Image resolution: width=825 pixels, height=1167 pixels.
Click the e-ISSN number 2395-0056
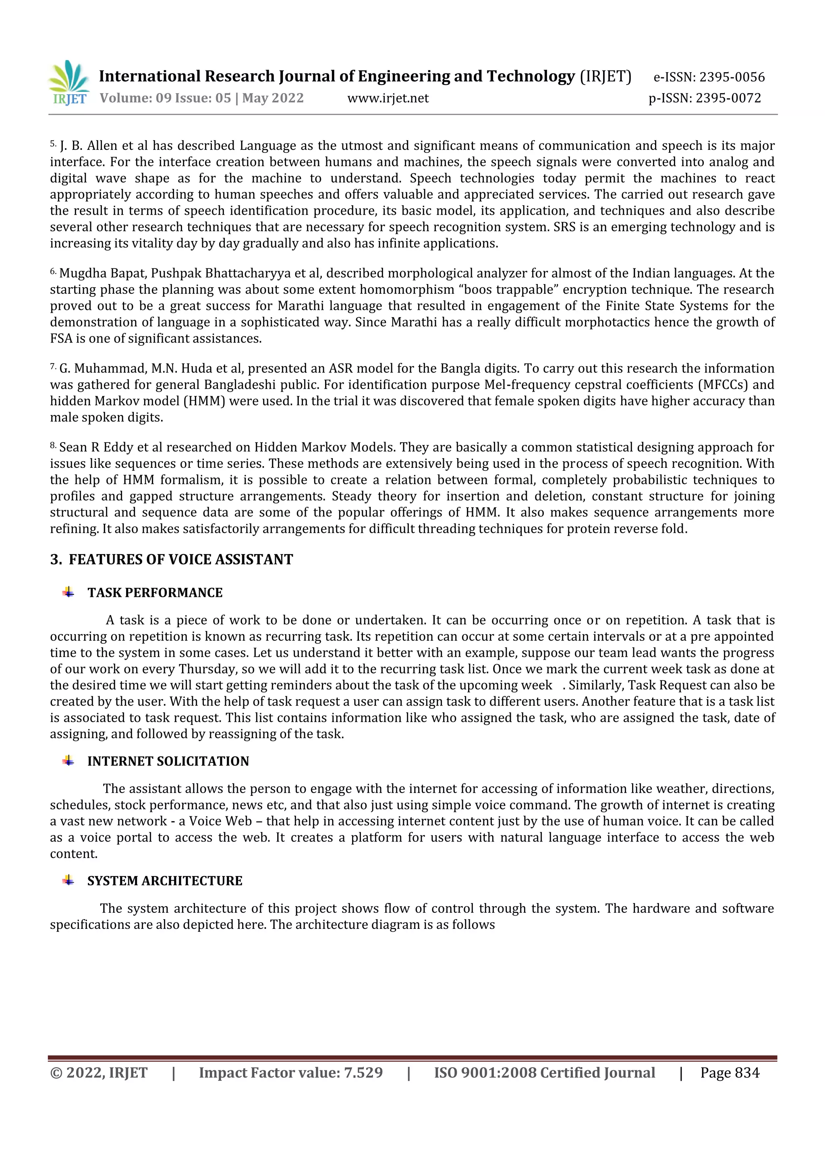732,77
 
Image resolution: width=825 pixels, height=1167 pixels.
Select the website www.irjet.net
388,98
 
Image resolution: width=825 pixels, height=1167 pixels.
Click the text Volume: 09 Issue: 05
165,98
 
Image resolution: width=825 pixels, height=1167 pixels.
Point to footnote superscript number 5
53,144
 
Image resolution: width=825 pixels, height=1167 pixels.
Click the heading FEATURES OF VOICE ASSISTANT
180,560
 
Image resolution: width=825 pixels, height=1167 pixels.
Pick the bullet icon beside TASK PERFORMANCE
68,592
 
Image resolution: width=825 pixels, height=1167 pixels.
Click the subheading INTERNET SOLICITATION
168,761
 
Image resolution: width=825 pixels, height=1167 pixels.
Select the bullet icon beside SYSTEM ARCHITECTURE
68,880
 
